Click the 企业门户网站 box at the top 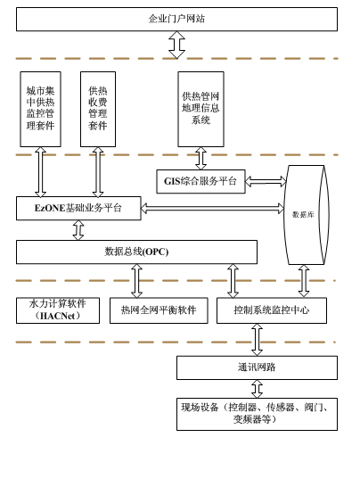click(176, 19)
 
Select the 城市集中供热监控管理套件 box click(40, 109)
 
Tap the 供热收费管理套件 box click(98, 109)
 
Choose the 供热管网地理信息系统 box click(200, 109)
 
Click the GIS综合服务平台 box click(200, 182)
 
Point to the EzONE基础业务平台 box click(78, 209)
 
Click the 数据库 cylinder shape click(304, 214)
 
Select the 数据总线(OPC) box click(136, 252)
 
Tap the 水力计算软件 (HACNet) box click(58, 310)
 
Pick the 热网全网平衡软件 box click(159, 310)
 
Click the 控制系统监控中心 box click(271, 310)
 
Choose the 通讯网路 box click(257, 367)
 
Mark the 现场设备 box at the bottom click(257, 414)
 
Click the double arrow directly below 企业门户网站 click(176, 45)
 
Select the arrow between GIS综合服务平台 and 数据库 click(265, 182)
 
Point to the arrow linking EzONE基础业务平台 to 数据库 click(212, 209)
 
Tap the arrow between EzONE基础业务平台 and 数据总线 click(78, 230)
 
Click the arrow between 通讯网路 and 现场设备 click(257, 389)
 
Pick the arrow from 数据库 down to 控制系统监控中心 click(304, 281)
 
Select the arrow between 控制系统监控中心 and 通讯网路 click(257, 340)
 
